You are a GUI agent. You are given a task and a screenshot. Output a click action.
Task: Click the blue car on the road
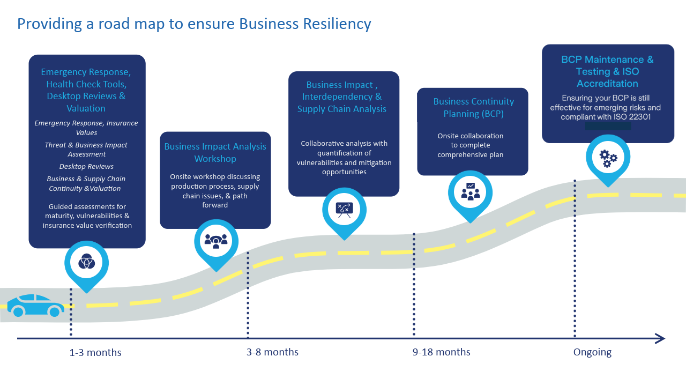click(35, 305)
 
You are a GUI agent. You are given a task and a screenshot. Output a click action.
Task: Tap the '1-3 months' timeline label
click(95, 353)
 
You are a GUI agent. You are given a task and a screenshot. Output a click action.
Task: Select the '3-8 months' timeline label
click(272, 352)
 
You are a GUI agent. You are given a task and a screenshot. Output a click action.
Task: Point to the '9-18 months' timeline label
click(441, 352)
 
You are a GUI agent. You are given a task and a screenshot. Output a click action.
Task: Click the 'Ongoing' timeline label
click(592, 352)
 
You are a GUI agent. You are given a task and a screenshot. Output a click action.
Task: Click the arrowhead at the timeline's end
click(660, 338)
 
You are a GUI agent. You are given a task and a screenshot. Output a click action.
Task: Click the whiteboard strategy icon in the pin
click(344, 209)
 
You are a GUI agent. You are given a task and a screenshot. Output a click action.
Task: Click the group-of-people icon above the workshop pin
click(216, 241)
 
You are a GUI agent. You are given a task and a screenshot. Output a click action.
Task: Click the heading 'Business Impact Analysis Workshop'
click(215, 153)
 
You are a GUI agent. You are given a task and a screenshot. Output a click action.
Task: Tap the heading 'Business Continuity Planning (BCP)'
click(473, 107)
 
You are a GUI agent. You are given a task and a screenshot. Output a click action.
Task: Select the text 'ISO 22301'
click(633, 116)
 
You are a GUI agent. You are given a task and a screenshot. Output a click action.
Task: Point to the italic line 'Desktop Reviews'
click(86, 167)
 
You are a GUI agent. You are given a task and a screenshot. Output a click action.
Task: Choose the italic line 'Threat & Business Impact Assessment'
click(86, 150)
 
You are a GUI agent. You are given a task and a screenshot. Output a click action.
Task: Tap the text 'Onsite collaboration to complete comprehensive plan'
click(470, 145)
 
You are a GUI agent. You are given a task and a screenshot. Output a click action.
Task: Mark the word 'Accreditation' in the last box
click(607, 84)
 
